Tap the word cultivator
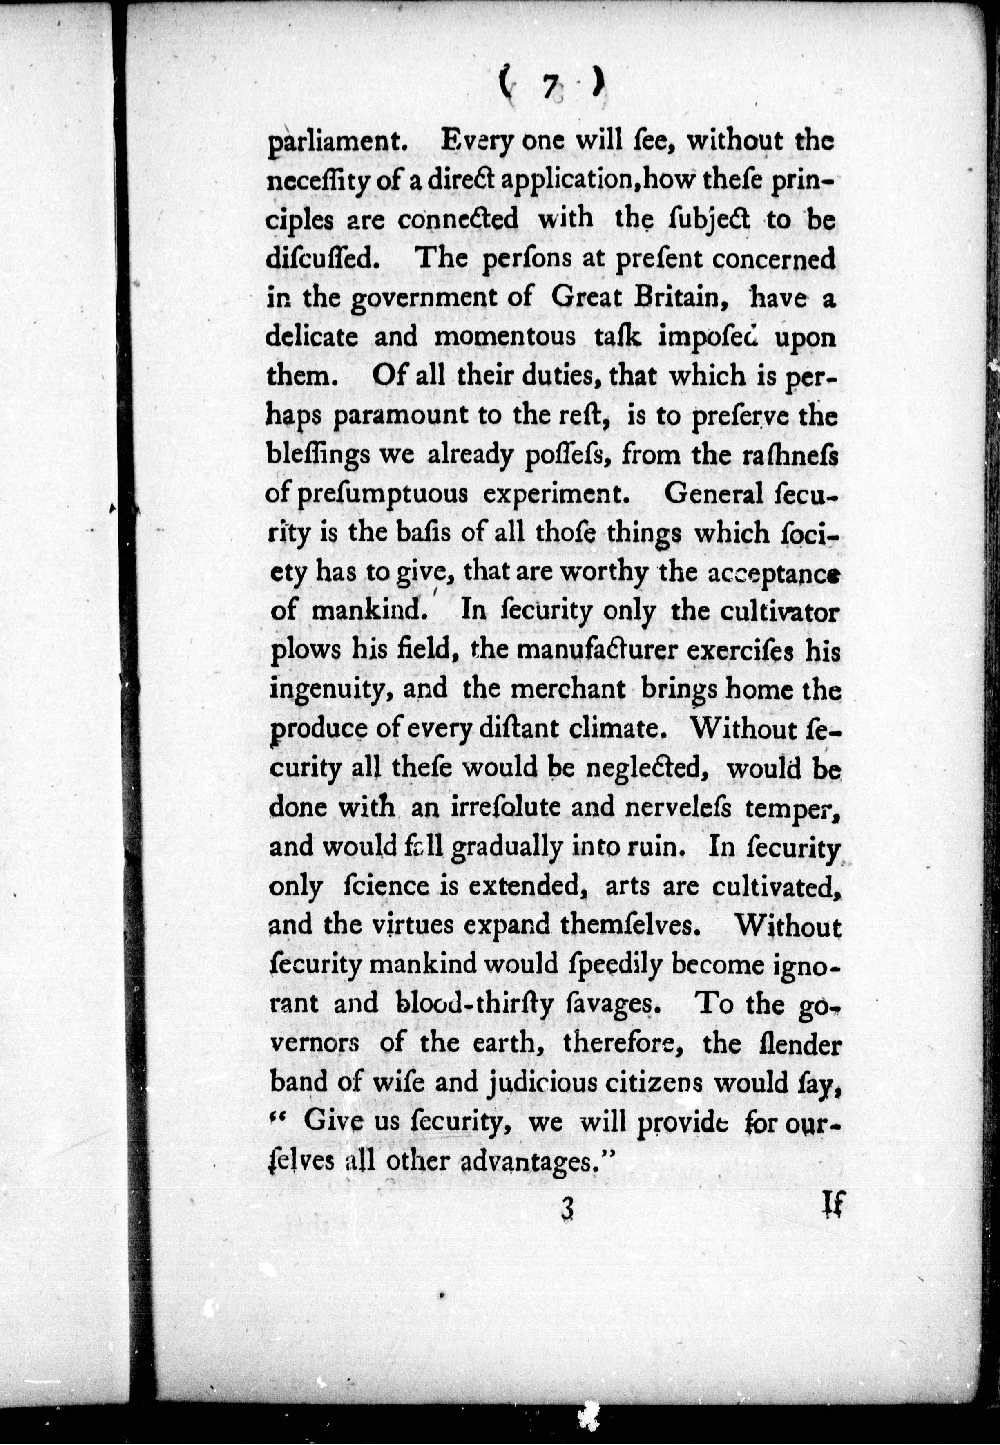click(772, 612)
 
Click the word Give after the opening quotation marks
click(332, 1122)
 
